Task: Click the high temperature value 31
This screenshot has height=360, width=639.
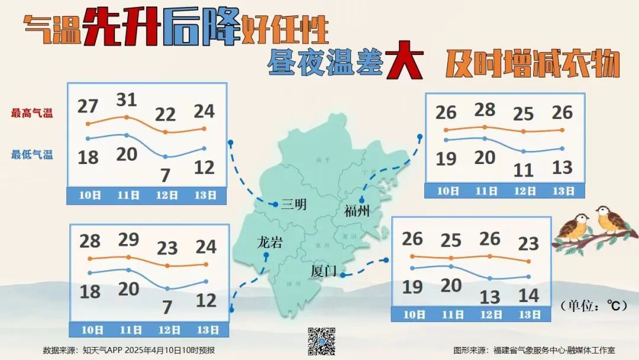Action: pyautogui.click(x=125, y=100)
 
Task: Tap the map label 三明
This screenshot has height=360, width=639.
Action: pyautogui.click(x=294, y=205)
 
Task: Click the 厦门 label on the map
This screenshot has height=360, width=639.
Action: pyautogui.click(x=324, y=271)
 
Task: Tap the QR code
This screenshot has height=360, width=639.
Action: pyautogui.click(x=322, y=340)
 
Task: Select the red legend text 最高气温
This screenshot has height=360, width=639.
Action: pyautogui.click(x=31, y=113)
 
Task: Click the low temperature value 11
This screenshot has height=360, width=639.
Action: pyautogui.click(x=523, y=171)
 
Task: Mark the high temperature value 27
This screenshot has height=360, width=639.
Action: pyautogui.click(x=88, y=107)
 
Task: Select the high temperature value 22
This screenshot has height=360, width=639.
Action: pyautogui.click(x=166, y=115)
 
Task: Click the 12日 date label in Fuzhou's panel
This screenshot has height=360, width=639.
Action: pyautogui.click(x=524, y=191)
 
